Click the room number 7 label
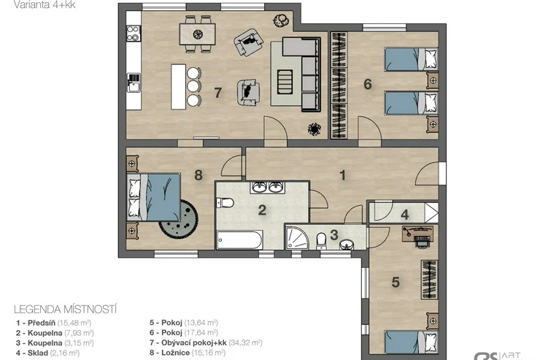pos(217,92)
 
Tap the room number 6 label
pos(368,84)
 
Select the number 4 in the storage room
pos(405,215)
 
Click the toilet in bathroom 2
pos(225,202)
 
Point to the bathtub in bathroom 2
pos(239,240)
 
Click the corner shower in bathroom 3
pos(297,237)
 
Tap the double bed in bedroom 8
pos(153,197)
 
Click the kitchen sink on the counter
pos(134,83)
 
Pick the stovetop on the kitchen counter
pos(134,33)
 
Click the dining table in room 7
pos(197,34)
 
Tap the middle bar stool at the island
pos(193,86)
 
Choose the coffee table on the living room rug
pos(285,82)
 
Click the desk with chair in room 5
pos(417,236)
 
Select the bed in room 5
pos(411,342)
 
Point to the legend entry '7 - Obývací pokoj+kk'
pos(206,342)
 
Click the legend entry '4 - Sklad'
pos(47,353)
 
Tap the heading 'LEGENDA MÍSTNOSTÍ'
pos(66,310)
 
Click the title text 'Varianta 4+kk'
pos(45,4)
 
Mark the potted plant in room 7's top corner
pos(281,20)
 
